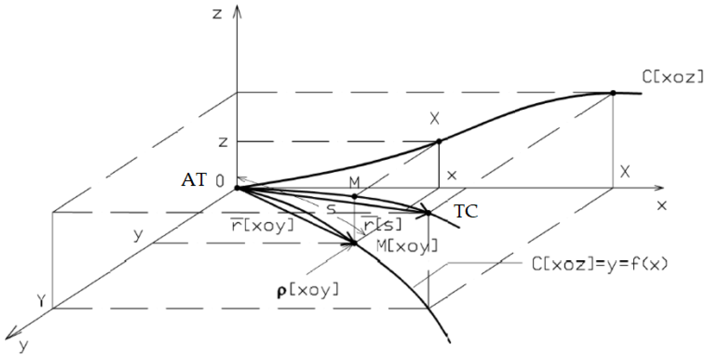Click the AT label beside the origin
pyautogui.click(x=194, y=180)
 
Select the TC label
pyautogui.click(x=466, y=211)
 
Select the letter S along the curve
pyautogui.click(x=332, y=209)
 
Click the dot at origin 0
pyautogui.click(x=237, y=188)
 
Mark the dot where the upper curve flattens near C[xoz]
pyautogui.click(x=613, y=93)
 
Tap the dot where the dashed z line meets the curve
pyautogui.click(x=439, y=141)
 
